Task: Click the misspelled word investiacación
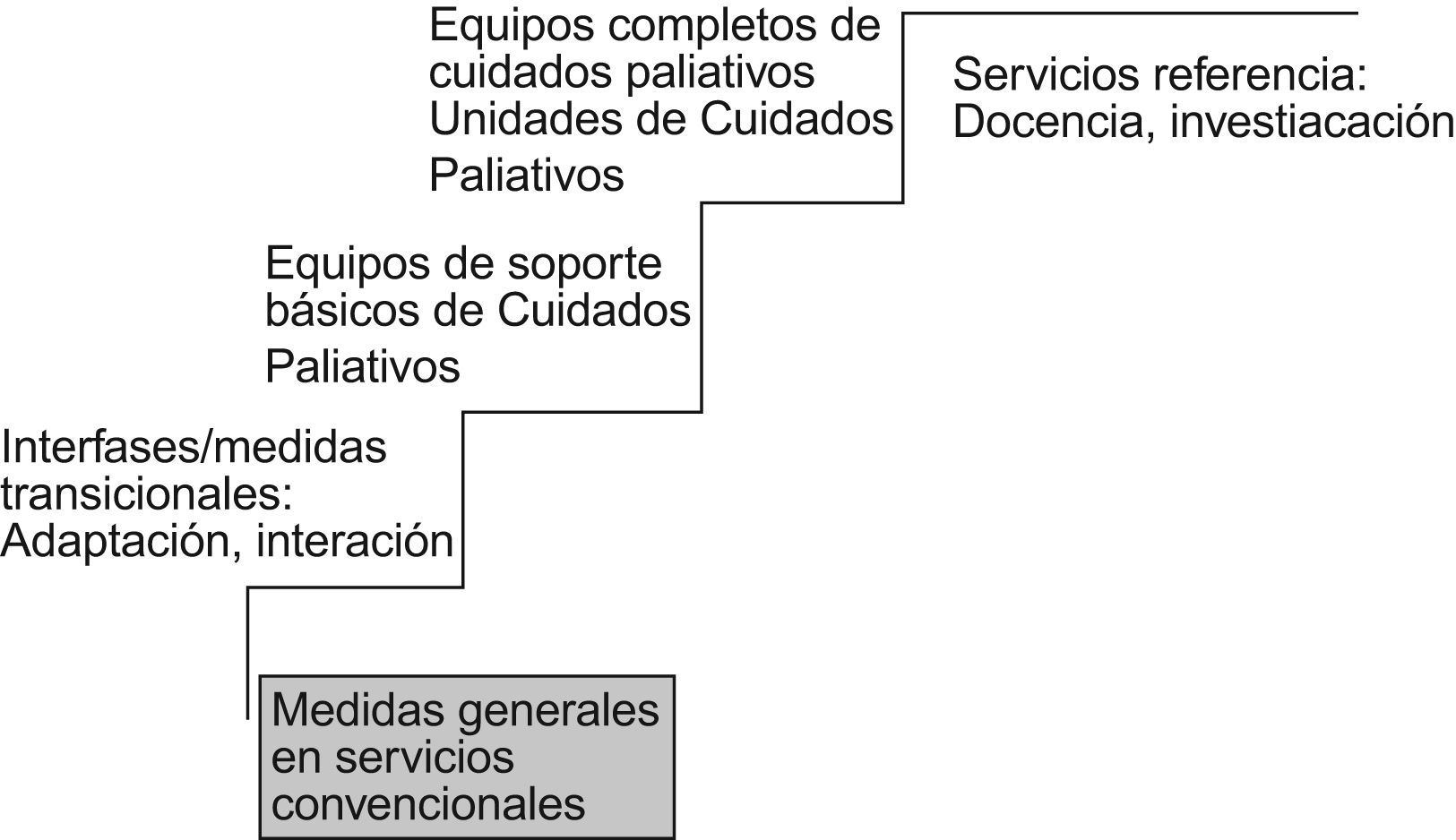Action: pyautogui.click(x=1312, y=122)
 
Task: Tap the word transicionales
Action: pyautogui.click(x=146, y=494)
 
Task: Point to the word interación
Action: pyautogui.click(x=355, y=542)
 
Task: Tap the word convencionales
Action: pyautogui.click(x=428, y=803)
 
